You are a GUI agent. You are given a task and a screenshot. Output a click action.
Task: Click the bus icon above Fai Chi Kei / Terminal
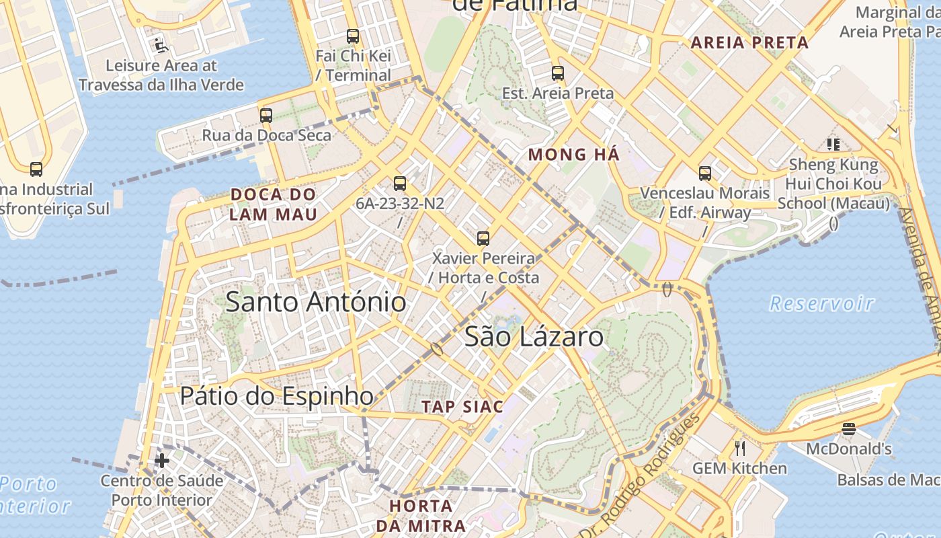[353, 36]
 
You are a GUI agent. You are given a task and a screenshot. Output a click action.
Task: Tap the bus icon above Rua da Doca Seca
[266, 116]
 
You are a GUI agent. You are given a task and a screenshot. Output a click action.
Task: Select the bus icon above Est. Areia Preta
[558, 73]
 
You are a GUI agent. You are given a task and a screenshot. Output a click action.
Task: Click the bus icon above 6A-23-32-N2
[400, 184]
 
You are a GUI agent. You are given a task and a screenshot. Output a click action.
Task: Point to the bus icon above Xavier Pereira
[483, 238]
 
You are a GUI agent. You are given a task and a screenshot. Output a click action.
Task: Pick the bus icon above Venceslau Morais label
[705, 174]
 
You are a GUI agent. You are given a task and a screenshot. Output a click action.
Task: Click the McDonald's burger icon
[849, 429]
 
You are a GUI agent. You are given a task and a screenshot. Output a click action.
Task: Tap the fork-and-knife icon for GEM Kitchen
[740, 448]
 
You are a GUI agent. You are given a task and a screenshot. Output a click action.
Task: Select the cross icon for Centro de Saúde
[162, 461]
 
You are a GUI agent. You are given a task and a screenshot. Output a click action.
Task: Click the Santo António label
[315, 302]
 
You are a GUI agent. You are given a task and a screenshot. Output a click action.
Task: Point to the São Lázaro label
[534, 337]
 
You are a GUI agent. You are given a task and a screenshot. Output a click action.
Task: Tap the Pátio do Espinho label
[276, 396]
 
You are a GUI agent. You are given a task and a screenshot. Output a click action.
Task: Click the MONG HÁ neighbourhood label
[573, 155]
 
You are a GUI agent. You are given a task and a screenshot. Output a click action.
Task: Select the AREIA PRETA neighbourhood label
[749, 43]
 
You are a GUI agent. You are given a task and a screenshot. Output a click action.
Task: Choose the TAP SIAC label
[462, 407]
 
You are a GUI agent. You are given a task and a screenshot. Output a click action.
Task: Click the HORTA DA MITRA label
[421, 516]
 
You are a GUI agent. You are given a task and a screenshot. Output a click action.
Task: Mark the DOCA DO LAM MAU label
[273, 204]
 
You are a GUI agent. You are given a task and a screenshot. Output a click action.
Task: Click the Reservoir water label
[821, 304]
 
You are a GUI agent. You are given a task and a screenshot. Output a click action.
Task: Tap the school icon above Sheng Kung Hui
[834, 144]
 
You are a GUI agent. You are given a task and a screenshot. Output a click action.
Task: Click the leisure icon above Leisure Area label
[161, 46]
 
